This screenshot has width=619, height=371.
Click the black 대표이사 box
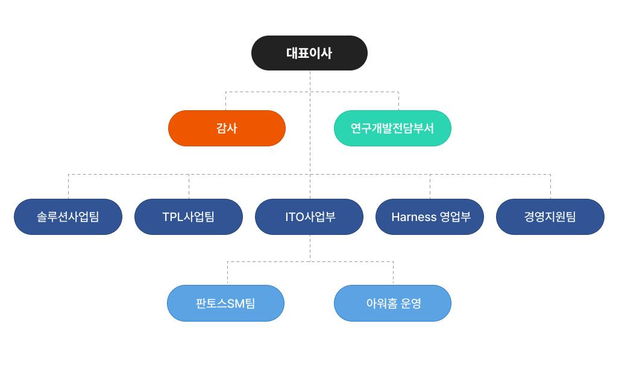point(310,53)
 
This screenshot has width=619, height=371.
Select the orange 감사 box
point(227,128)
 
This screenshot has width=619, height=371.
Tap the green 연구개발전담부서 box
point(392,128)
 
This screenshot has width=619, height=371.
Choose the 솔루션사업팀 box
point(68,217)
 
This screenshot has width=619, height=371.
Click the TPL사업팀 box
point(189,217)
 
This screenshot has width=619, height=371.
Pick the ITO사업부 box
point(309,217)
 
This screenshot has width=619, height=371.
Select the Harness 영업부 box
point(430,217)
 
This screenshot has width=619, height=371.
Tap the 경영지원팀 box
point(550,217)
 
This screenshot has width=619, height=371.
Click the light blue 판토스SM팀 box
point(226,303)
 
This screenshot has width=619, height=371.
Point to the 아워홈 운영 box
point(392,303)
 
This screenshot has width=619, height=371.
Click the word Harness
point(413,217)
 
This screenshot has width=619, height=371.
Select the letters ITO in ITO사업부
point(295,217)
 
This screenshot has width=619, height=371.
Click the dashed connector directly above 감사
point(226,101)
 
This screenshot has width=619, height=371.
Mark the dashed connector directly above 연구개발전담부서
point(399,101)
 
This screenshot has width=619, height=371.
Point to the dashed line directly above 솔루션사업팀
point(68,186)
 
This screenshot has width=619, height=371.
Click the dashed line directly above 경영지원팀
point(550,186)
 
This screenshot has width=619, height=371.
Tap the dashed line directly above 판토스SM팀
point(227,273)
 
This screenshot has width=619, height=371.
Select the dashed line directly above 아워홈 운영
point(393,273)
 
